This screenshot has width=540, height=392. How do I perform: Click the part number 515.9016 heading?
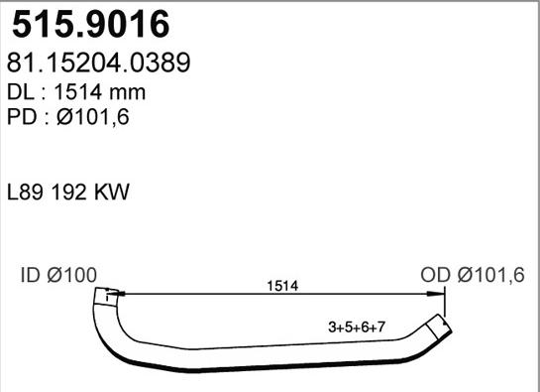[x=87, y=23]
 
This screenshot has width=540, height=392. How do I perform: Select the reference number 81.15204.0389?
[x=98, y=64]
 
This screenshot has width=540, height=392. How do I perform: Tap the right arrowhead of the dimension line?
[x=440, y=294]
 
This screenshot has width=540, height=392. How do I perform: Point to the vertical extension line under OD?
[x=446, y=303]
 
